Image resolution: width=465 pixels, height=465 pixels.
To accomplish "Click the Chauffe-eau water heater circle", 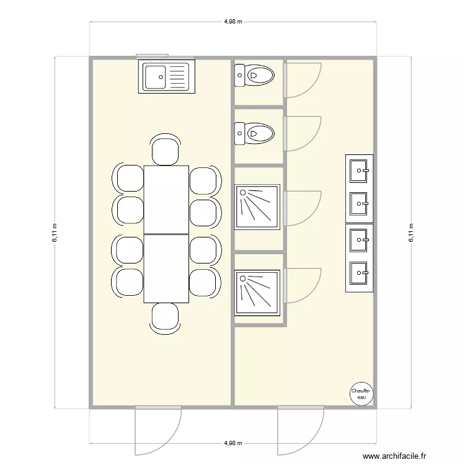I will click(x=361, y=392).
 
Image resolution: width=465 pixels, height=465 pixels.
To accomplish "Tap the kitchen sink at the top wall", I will click(x=166, y=77).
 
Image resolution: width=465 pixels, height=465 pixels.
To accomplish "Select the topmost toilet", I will click(x=254, y=76).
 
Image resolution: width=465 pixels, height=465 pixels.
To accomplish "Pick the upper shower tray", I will click(x=257, y=205).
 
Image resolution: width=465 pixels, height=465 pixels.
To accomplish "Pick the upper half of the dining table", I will click(x=166, y=199).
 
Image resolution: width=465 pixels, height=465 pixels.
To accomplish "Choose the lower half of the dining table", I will click(x=166, y=268).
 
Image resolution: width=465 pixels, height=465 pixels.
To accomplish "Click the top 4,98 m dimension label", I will click(x=232, y=21).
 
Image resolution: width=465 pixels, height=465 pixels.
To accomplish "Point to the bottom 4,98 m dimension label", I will click(x=232, y=444).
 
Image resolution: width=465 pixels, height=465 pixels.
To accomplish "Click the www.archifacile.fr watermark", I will click(x=394, y=456).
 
